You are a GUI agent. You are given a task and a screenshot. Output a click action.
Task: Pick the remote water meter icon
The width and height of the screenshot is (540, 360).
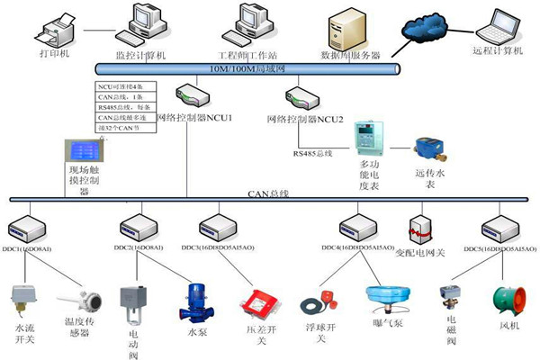(427, 147)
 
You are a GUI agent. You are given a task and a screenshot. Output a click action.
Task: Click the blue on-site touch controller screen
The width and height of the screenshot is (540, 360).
(83, 149)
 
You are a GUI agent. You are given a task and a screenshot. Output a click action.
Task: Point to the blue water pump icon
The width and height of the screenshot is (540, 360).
(198, 301)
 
